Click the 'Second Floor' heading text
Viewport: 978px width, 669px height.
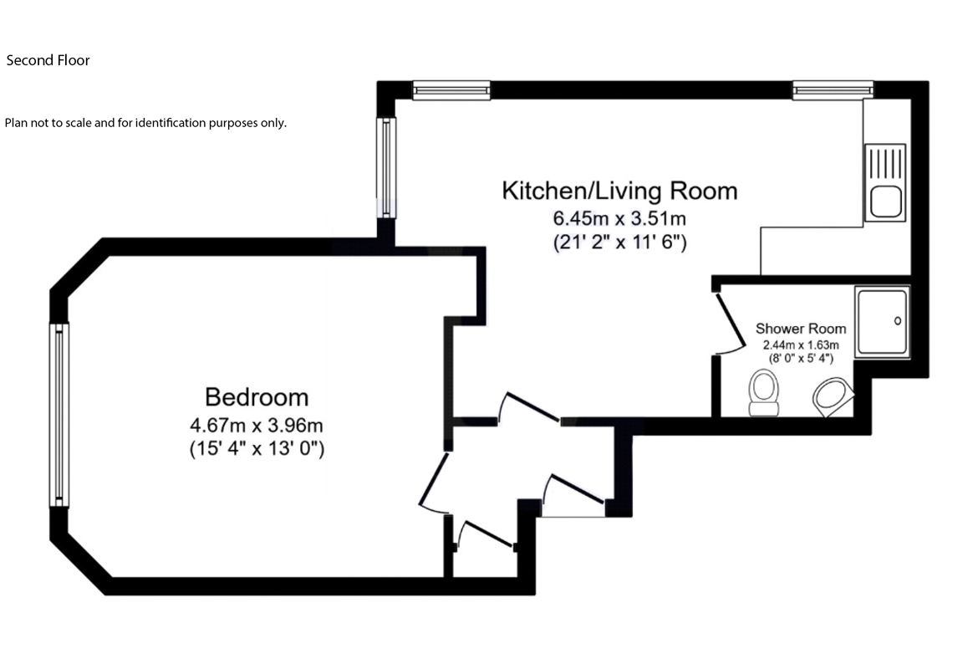pos(48,60)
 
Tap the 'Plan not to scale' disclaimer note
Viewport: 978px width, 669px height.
pos(145,123)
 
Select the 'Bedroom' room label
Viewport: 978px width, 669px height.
pos(257,396)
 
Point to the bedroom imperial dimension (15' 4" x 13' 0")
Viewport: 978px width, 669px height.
pos(257,449)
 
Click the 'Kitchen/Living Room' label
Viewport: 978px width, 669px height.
pos(619,191)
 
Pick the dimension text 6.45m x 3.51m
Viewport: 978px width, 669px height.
pos(619,219)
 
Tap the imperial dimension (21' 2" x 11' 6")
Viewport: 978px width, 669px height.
pos(619,244)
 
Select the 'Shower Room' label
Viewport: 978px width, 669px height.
pos(801,329)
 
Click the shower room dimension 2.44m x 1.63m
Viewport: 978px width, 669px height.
pos(801,345)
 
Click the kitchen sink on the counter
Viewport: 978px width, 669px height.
pos(885,183)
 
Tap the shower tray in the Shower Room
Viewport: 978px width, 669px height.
pos(882,322)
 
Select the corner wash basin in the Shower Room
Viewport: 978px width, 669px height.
pos(833,396)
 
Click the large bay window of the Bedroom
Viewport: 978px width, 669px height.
pos(59,415)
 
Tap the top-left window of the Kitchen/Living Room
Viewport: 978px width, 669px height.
pos(451,89)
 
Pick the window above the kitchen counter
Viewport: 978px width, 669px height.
pos(833,89)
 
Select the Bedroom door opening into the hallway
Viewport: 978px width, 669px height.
pos(435,483)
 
